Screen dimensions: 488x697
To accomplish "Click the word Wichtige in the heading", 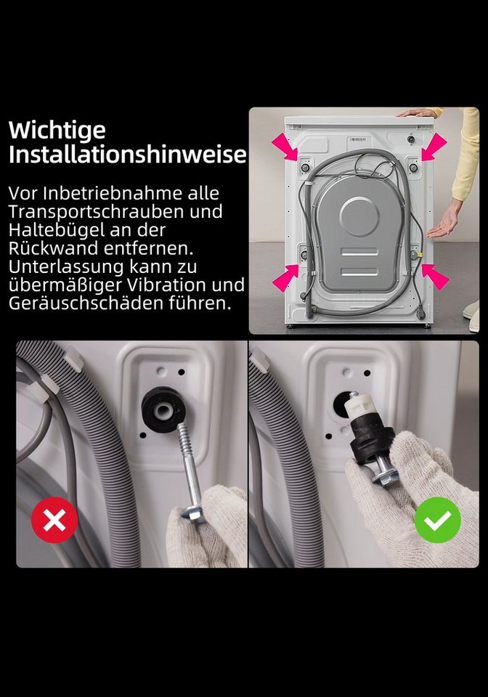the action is click(x=57, y=131).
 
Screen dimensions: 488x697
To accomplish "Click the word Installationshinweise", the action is click(x=127, y=154).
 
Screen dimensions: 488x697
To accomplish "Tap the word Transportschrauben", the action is click(x=97, y=211).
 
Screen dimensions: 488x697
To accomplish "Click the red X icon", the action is click(x=54, y=520).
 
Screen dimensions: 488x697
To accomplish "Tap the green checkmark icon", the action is click(x=438, y=520).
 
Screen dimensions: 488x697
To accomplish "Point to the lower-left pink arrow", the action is click(x=285, y=277).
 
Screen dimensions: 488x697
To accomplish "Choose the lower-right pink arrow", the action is click(x=435, y=277).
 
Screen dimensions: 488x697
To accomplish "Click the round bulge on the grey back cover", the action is click(x=359, y=216).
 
